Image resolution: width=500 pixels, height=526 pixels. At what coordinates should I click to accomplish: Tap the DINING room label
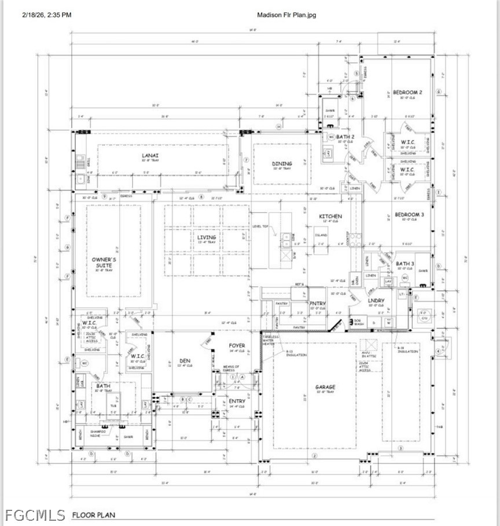point(282,164)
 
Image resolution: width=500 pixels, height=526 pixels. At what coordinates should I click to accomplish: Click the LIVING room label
point(206,238)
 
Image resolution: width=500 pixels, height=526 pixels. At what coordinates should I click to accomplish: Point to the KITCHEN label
point(331,216)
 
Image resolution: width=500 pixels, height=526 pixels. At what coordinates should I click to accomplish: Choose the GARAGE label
point(325,387)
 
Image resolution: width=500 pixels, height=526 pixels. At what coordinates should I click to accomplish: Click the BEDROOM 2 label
point(407,93)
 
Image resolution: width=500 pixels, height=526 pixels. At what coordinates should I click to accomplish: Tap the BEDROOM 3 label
point(409,214)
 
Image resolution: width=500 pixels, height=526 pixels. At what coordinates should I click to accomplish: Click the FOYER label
point(237,346)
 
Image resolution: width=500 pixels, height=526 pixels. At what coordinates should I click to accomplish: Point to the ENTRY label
point(237,401)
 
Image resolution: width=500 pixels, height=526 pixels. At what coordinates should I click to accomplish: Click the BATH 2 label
point(345,137)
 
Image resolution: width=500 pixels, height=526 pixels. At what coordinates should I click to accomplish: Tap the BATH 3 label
point(405,264)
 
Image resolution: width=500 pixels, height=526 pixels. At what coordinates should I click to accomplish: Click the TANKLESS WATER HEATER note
point(271,340)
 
